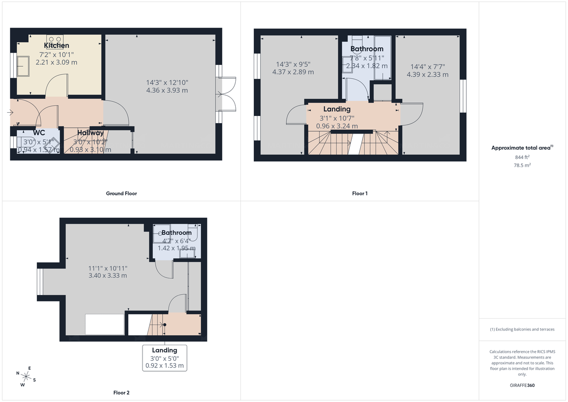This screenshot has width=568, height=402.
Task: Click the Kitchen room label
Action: click(x=56, y=45)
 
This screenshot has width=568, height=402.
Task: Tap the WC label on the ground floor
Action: click(x=39, y=133)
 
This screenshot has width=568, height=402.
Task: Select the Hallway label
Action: click(x=90, y=133)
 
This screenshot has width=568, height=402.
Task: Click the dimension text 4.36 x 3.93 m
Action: click(x=167, y=90)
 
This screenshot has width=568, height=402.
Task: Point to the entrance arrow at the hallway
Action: click(x=11, y=112)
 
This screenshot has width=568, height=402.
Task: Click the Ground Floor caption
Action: click(x=121, y=193)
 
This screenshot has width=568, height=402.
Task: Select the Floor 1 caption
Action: click(x=360, y=193)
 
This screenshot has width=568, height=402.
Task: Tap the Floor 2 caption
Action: click(x=121, y=393)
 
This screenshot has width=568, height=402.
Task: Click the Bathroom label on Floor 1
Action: click(x=367, y=49)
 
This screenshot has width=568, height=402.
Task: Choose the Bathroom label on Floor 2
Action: click(x=177, y=232)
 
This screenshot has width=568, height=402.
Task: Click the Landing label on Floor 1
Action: click(x=337, y=109)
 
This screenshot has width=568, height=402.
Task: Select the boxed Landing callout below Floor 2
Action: click(x=165, y=358)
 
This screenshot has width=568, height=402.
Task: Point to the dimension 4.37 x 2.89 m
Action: click(x=293, y=72)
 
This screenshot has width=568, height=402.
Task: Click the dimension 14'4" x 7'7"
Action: click(x=427, y=67)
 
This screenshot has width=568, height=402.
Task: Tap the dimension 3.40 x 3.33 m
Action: click(x=107, y=275)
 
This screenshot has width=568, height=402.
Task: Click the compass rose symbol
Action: click(x=26, y=376)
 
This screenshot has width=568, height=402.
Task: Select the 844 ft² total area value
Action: click(x=522, y=157)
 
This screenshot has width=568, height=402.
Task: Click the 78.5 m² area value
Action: click(x=522, y=166)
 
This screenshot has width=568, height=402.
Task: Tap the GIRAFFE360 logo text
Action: click(x=522, y=385)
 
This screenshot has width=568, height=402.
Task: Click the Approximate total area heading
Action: click(x=522, y=148)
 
